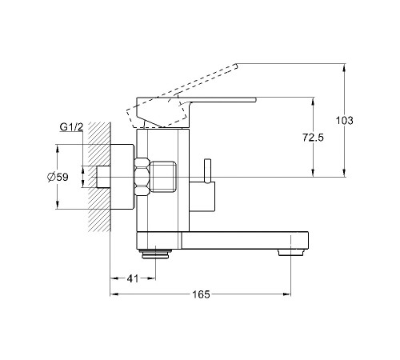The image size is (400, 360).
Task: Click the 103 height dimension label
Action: click(344, 121)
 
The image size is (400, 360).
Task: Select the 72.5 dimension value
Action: click(313, 138)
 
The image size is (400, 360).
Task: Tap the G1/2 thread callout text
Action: click(71, 127)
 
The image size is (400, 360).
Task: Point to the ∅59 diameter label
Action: click(58, 177)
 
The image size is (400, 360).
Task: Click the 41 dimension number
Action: click(133, 278)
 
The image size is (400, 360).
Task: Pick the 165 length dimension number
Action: click(201, 294)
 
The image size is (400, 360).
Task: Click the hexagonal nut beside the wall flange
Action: click(142, 177)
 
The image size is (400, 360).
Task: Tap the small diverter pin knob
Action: click(207, 171)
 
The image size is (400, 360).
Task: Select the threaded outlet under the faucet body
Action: click(156, 254)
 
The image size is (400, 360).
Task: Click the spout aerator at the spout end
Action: click(290, 252)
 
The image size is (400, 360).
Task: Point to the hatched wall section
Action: click(99, 177)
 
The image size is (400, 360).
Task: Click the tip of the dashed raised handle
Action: click(236, 66)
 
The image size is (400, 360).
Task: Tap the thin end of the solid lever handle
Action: click(255, 100)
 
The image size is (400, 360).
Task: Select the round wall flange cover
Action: click(122, 177)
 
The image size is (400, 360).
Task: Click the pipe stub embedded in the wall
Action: click(103, 177)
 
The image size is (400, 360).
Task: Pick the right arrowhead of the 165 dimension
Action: click(287, 294)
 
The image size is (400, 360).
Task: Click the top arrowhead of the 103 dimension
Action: click(344, 68)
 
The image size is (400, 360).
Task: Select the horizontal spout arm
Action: click(245, 240)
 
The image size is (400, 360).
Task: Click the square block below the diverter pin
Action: click(202, 197)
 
